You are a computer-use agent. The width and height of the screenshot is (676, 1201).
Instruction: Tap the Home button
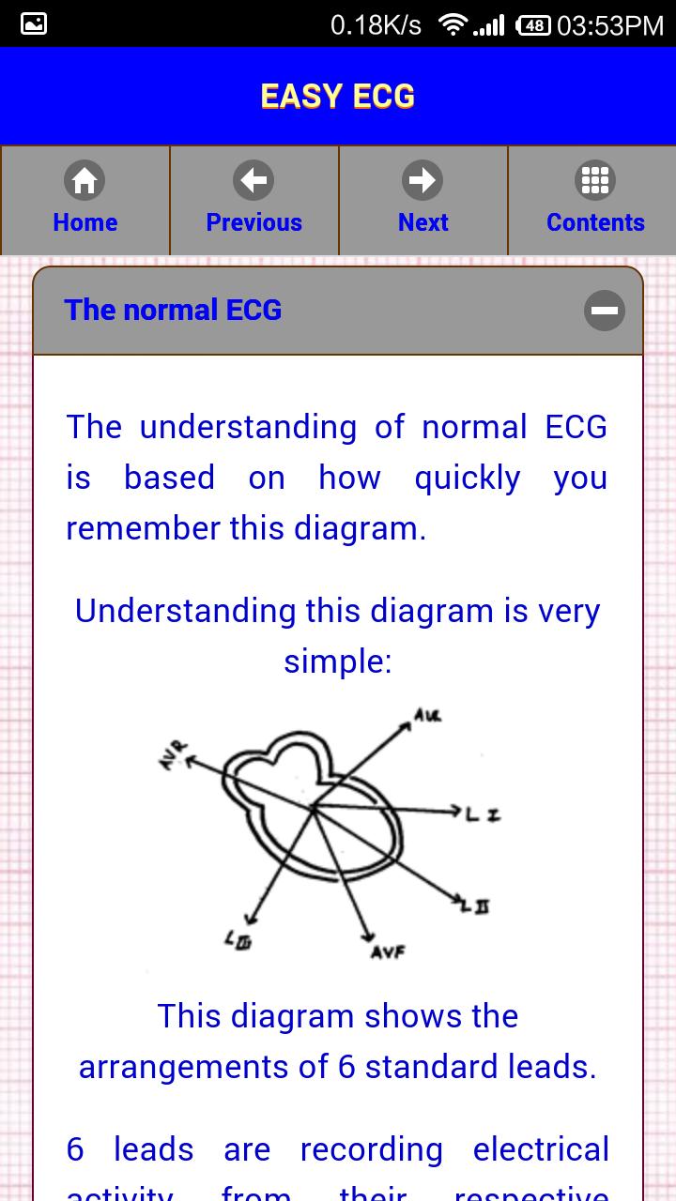[x=84, y=200]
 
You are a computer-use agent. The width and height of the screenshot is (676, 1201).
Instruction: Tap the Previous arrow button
[x=253, y=200]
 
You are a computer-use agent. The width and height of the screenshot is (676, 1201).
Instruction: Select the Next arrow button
[x=422, y=200]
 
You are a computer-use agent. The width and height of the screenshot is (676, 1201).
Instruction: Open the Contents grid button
[x=594, y=200]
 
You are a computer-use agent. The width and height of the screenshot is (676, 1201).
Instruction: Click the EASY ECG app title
[x=338, y=97]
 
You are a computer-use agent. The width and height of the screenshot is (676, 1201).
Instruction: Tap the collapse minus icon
[x=604, y=311]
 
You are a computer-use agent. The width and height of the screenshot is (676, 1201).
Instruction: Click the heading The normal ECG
[x=173, y=311]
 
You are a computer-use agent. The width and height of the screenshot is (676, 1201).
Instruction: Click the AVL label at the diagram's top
[x=427, y=718]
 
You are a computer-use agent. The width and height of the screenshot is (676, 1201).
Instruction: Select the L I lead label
[x=483, y=814]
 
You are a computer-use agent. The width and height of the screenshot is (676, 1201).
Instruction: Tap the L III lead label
[x=237, y=938]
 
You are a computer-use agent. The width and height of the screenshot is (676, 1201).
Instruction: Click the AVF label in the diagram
[x=387, y=952]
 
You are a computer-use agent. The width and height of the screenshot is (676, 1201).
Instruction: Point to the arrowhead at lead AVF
[x=367, y=932]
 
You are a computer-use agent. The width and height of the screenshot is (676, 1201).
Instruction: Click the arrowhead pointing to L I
[x=456, y=810]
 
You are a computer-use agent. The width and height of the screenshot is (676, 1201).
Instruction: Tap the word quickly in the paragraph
[x=468, y=479]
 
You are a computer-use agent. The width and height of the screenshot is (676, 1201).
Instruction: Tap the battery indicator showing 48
[x=533, y=25]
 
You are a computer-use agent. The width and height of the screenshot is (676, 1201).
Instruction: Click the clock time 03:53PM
[x=610, y=25]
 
